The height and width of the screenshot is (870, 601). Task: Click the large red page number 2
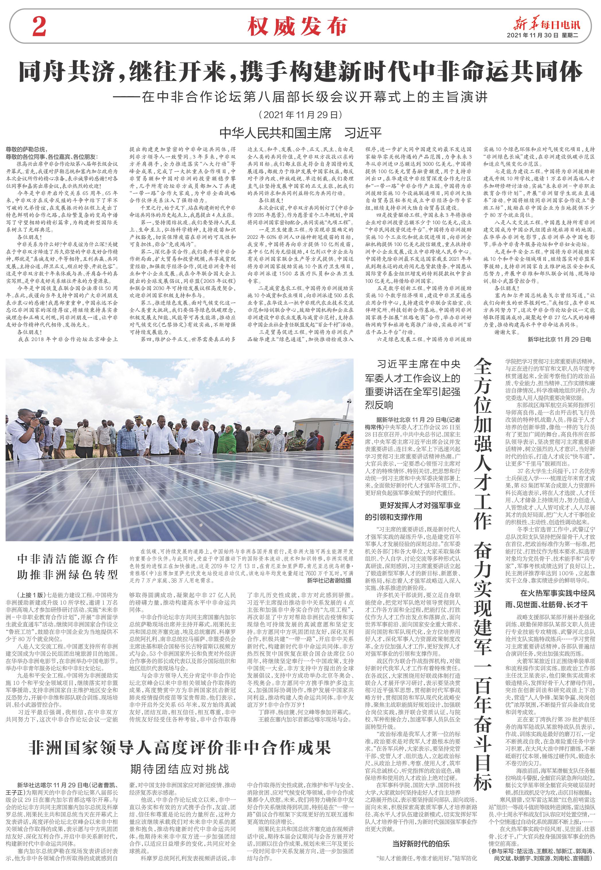tap(42, 26)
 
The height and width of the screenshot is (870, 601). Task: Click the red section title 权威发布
tap(297, 26)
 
